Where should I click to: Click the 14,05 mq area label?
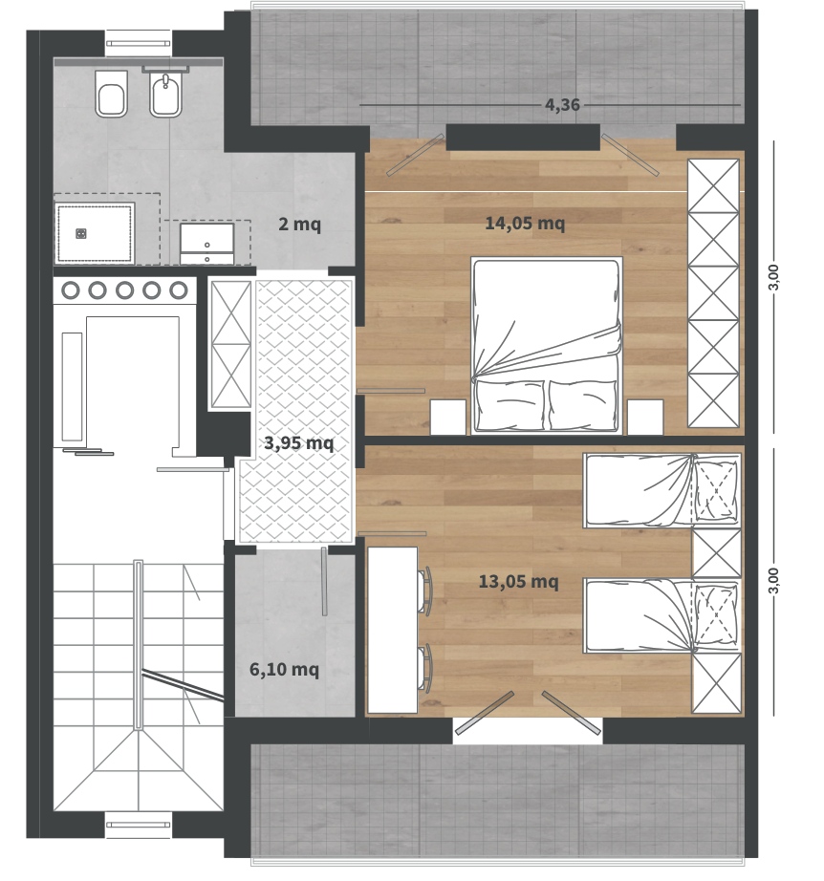pos(525,224)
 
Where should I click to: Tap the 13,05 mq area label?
pos(518,582)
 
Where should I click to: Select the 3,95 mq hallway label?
pos(299,443)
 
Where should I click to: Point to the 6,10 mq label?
pos(284,670)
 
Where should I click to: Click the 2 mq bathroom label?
pos(299,225)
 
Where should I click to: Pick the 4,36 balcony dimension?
pos(562,104)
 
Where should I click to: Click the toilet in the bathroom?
pos(111,95)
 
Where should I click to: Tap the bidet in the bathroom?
pos(165,95)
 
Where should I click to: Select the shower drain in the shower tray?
pos(81,234)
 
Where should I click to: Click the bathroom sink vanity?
pos(206,244)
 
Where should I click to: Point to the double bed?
pos(547,345)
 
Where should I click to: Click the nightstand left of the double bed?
pos(448,417)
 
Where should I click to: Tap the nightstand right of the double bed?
pos(645,417)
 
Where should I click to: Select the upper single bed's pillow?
pos(716,490)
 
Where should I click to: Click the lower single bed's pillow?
pos(716,614)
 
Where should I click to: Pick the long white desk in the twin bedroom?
pos(392,630)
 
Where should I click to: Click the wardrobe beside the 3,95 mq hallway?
pos(230,344)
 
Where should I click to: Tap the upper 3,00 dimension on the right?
pos(774,277)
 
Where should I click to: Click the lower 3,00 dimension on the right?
pos(774,580)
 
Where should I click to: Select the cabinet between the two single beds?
pos(717,553)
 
